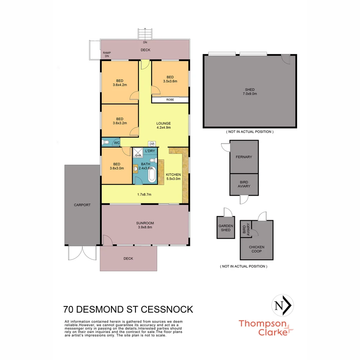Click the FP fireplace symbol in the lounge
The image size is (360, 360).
click(x=152, y=144)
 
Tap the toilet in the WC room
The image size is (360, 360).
click(x=106, y=143)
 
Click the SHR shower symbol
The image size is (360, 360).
click(x=138, y=154)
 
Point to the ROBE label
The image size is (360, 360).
click(x=170, y=100)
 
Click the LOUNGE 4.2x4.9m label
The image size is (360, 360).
click(x=163, y=125)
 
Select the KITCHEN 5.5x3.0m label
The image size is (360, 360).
click(x=173, y=177)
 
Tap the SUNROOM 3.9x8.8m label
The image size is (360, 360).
click(x=145, y=225)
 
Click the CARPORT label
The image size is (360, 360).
click(x=82, y=205)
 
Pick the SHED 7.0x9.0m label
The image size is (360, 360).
click(x=250, y=92)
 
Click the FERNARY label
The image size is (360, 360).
click(x=244, y=157)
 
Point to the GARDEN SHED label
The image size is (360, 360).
click(x=226, y=228)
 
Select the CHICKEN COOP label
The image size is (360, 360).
click(x=257, y=249)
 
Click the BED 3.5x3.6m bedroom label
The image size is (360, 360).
click(x=170, y=79)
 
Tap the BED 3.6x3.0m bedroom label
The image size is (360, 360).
click(x=117, y=166)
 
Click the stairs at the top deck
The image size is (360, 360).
click(x=146, y=34)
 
